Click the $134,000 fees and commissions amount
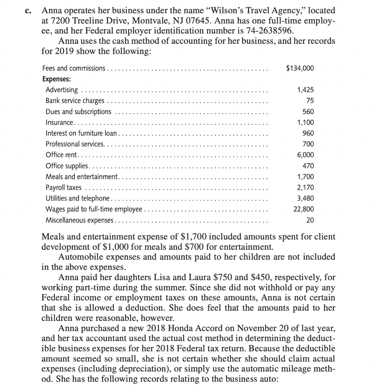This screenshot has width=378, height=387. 300,68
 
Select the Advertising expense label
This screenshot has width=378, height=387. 62,90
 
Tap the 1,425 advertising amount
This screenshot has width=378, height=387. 305,90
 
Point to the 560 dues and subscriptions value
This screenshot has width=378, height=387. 308,111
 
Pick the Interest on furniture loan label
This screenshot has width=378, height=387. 82,133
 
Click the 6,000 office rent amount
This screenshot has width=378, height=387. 305,155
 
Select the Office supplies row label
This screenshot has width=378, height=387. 67,166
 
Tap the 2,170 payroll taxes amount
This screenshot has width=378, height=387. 305,187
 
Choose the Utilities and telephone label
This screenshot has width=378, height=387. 77,198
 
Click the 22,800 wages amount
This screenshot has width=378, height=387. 304,209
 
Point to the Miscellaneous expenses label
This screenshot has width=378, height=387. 79,220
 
